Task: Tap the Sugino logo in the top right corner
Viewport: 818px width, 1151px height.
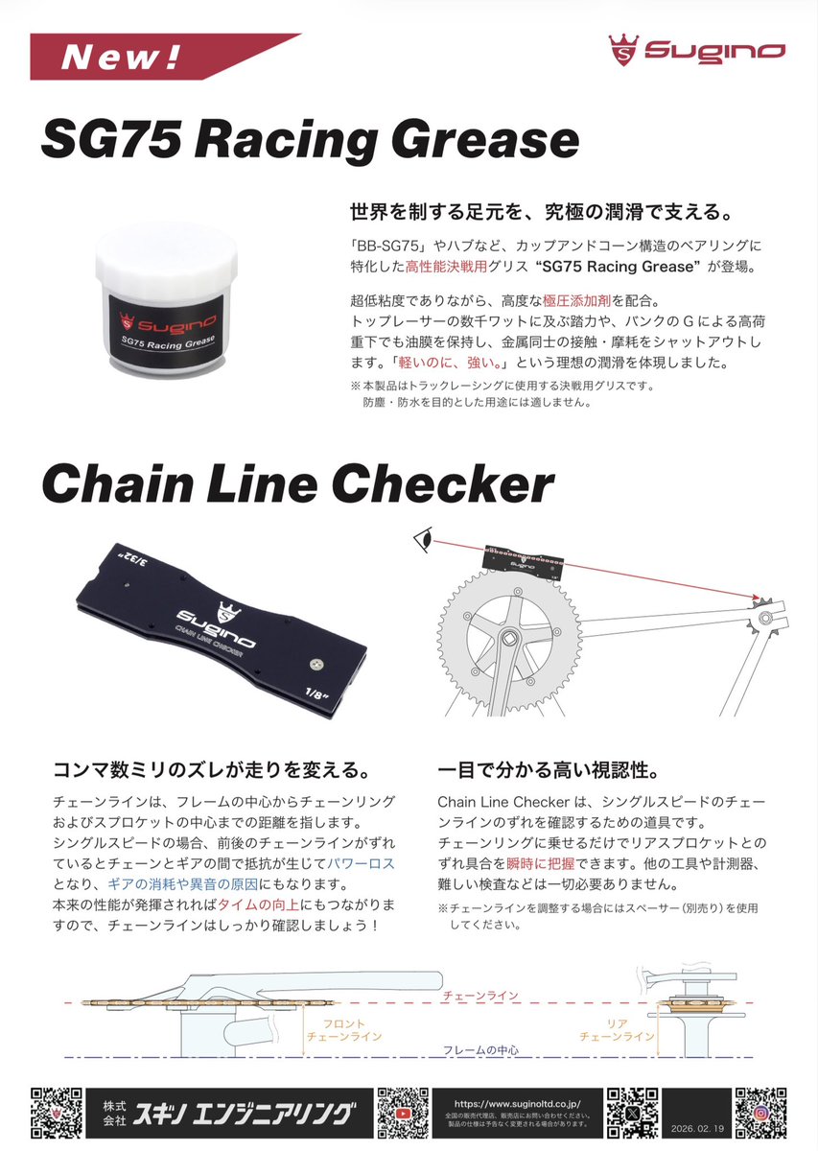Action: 697,50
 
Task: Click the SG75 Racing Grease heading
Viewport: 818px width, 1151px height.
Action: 311,140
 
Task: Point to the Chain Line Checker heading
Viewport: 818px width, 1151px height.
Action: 298,484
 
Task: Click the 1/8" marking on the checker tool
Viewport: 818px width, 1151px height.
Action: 317,694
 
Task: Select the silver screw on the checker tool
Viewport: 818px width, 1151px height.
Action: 317,665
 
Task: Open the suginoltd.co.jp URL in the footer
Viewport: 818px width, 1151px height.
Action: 517,1103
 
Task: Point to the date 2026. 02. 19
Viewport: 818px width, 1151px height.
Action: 697,1128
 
